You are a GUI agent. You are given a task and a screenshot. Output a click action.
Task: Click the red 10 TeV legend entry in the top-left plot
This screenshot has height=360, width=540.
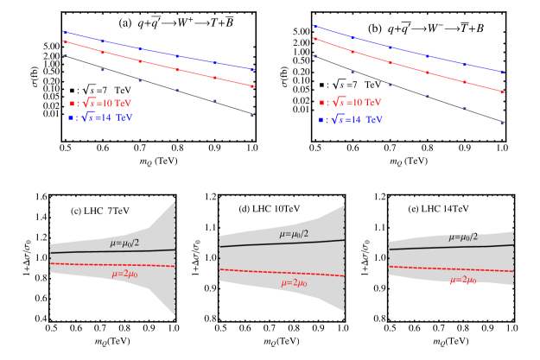tap(100, 103)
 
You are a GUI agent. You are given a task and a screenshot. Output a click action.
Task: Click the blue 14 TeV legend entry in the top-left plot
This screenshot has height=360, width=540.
tap(100, 117)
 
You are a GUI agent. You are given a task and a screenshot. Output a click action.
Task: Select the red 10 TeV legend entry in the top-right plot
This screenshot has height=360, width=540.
tap(350, 103)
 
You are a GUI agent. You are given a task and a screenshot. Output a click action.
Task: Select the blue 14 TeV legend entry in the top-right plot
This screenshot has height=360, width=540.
tap(350, 120)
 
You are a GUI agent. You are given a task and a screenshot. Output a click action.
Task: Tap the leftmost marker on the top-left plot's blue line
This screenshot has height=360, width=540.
tap(65, 32)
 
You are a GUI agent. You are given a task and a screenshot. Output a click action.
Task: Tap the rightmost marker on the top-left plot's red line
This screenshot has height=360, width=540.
tap(252, 85)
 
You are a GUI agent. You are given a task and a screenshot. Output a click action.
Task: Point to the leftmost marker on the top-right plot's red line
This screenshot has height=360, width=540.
tap(314, 39)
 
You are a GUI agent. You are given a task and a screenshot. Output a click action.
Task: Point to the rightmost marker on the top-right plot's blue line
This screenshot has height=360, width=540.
tap(502, 73)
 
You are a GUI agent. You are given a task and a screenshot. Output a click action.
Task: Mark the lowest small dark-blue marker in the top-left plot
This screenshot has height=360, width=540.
tap(252, 116)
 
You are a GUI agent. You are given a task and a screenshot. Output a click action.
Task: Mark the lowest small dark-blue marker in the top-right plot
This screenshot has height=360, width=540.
tap(502, 123)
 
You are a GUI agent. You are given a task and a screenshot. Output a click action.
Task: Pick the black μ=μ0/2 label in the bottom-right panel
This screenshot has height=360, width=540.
tap(463, 237)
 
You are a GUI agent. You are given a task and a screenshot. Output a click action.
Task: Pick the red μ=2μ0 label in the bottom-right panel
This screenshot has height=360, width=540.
tap(463, 280)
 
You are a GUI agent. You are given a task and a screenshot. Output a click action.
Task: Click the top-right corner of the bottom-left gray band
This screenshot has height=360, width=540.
tap(175, 203)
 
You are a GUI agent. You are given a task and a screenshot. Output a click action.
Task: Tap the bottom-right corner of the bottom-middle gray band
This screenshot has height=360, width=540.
tap(344, 311)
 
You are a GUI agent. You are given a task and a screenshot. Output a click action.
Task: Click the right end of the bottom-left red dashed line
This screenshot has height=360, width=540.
tap(175, 266)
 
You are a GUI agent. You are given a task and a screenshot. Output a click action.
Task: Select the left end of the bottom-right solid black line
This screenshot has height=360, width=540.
tap(390, 249)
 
